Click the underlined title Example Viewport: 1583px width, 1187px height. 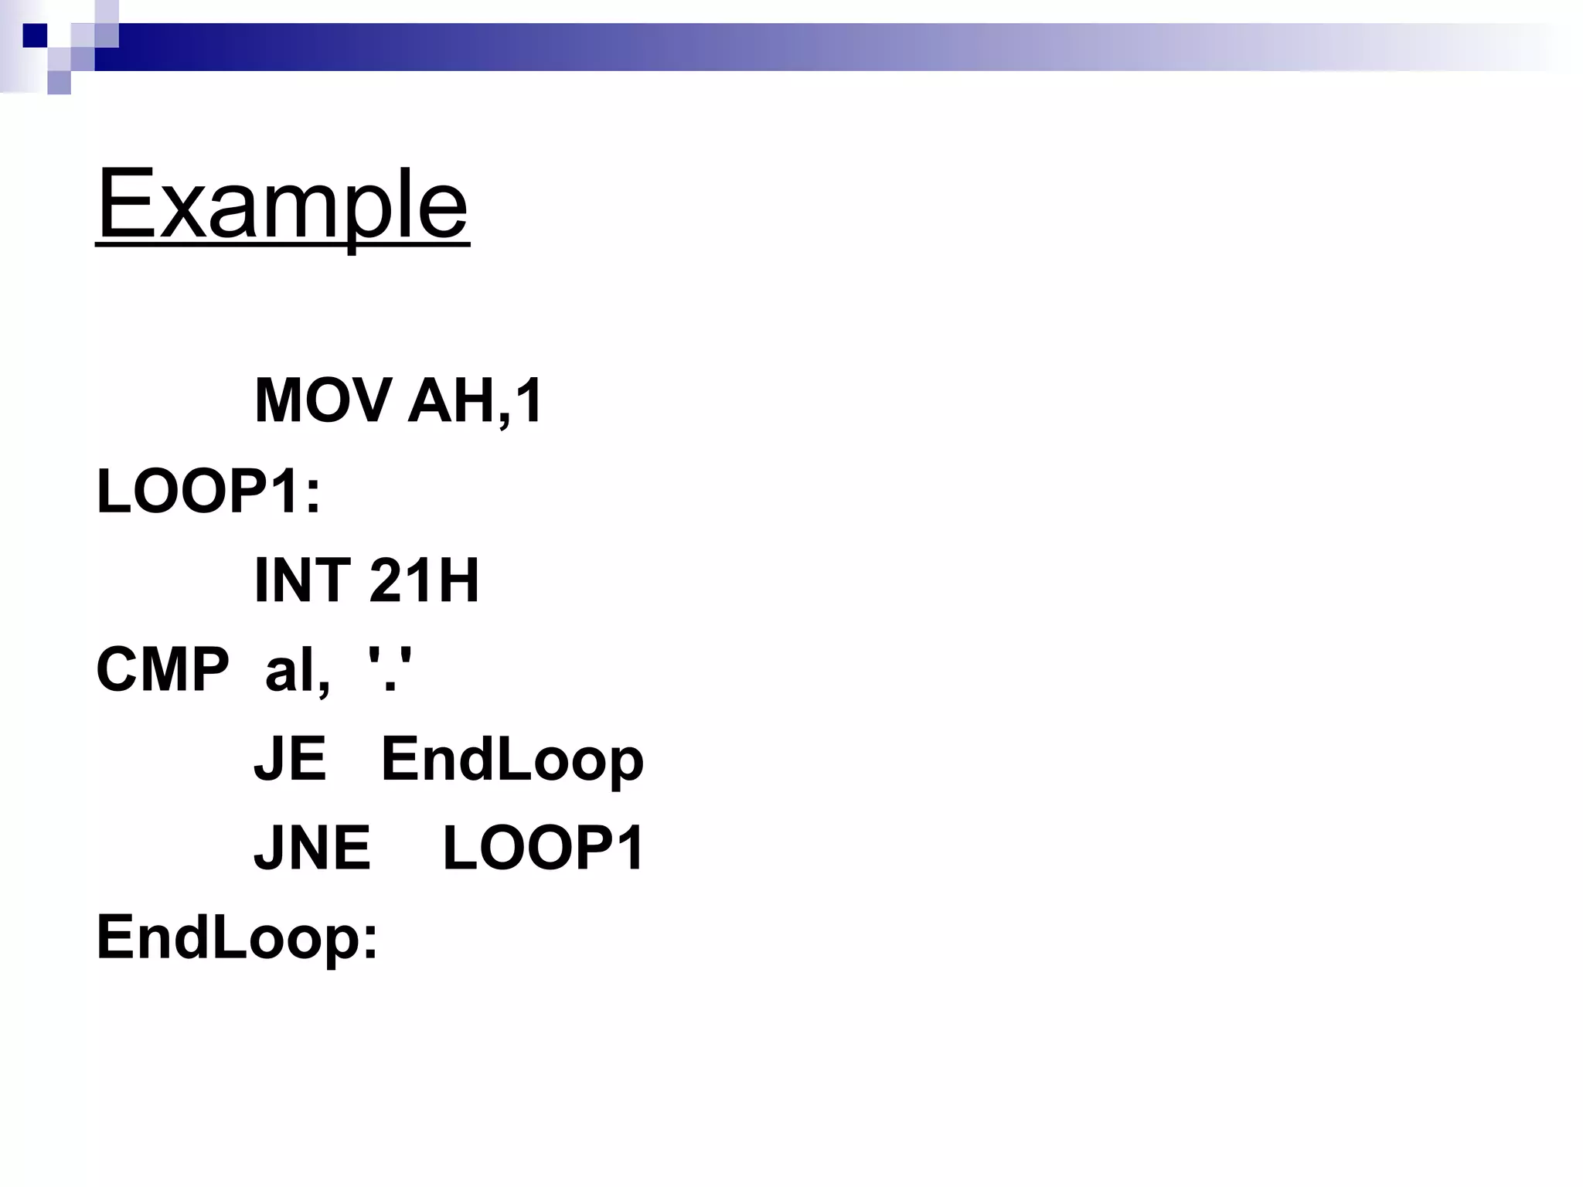tap(282, 205)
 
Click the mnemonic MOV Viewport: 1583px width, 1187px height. tap(322, 400)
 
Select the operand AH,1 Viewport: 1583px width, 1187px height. tap(475, 402)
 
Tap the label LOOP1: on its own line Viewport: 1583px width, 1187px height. tap(208, 491)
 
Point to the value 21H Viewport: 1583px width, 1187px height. tap(424, 580)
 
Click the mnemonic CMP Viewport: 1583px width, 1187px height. tap(162, 669)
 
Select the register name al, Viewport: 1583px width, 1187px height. tap(298, 671)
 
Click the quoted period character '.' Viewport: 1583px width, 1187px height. tap(390, 669)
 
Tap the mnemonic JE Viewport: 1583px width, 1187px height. tap(290, 759)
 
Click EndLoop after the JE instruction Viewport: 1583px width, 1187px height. tap(512, 760)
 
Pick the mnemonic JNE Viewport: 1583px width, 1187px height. tap(312, 848)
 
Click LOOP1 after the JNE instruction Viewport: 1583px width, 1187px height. tap(543, 848)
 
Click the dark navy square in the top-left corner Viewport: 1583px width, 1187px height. tap(35, 35)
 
